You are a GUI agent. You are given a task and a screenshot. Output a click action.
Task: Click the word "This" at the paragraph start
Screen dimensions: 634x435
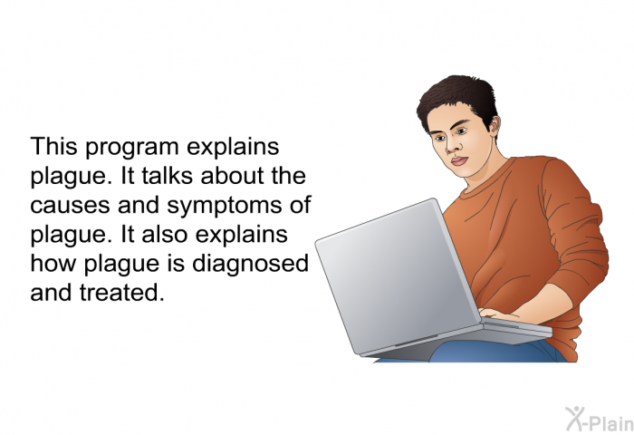pos(53,146)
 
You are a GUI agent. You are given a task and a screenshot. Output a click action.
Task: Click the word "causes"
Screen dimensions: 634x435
pos(70,206)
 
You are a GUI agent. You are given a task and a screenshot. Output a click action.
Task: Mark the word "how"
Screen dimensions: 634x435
pos(53,264)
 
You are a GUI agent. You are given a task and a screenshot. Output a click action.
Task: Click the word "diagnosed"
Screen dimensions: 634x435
pos(250,265)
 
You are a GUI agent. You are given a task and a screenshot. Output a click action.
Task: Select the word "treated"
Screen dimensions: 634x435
pos(122,293)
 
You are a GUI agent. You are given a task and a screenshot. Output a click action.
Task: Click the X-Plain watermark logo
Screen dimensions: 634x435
pos(600,420)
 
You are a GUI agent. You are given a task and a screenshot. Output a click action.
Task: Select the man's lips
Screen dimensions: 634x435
pos(459,160)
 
